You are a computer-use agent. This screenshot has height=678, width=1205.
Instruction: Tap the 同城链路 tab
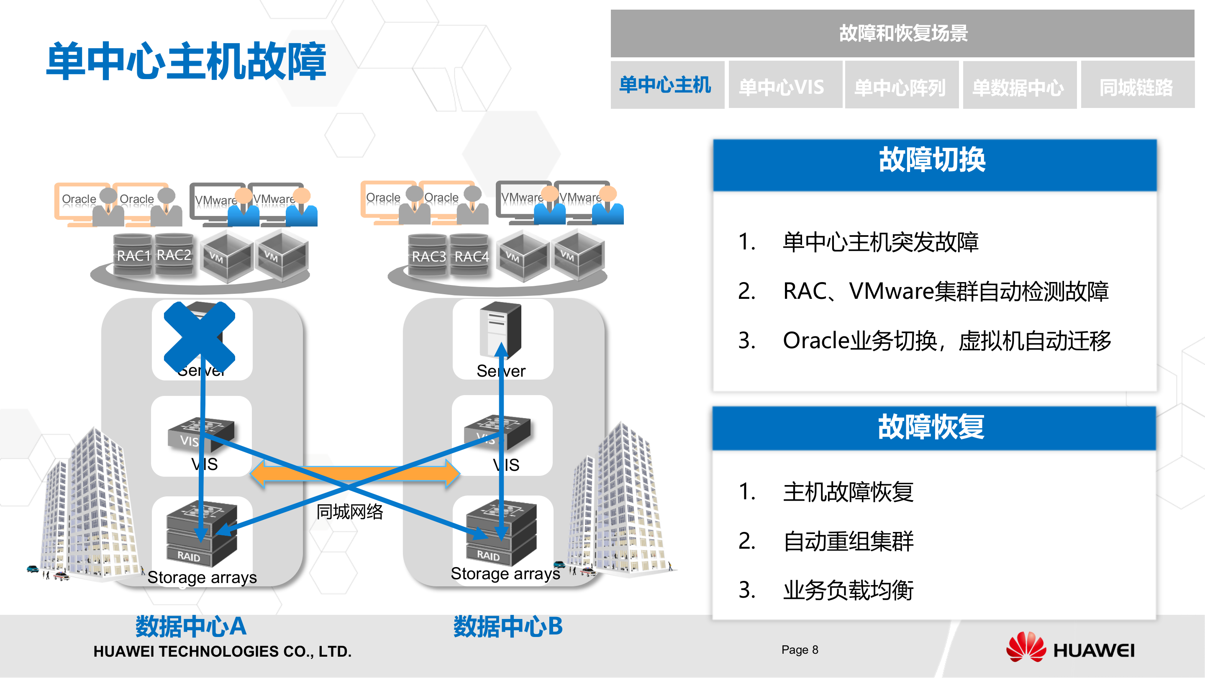(1137, 87)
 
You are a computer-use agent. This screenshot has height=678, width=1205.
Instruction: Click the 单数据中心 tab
(1019, 87)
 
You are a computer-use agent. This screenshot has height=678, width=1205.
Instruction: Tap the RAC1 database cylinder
(133, 255)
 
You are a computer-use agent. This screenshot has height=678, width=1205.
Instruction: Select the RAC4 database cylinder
(471, 255)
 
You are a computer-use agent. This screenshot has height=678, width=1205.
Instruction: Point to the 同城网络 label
(350, 512)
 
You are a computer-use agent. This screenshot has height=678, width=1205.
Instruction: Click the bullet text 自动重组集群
(849, 542)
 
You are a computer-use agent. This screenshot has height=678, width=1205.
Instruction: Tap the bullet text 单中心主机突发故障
(881, 242)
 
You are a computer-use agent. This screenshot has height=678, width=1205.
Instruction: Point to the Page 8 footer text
(800, 650)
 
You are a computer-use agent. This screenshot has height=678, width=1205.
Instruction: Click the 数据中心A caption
(191, 626)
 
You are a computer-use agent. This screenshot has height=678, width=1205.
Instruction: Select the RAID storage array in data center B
(500, 534)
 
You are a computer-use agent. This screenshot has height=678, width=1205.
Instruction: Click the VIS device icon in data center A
(201, 433)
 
